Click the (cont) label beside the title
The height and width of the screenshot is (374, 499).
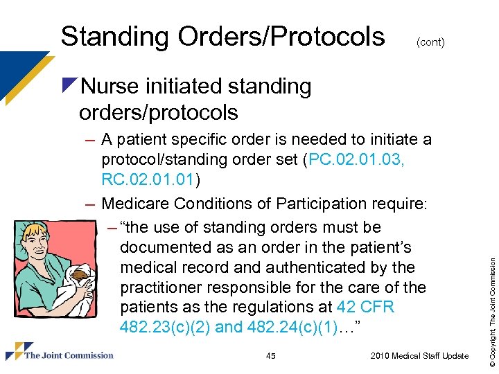tap(430, 42)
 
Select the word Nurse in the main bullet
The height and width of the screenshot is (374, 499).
tap(111, 87)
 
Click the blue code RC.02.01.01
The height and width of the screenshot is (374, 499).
tap(150, 180)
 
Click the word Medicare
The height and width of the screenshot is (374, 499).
tap(136, 204)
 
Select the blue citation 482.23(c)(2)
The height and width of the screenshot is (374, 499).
tap(165, 327)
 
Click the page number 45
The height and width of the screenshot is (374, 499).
tap(270, 356)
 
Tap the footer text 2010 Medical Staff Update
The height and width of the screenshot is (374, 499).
tap(419, 356)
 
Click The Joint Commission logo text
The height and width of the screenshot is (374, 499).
tap(69, 355)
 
